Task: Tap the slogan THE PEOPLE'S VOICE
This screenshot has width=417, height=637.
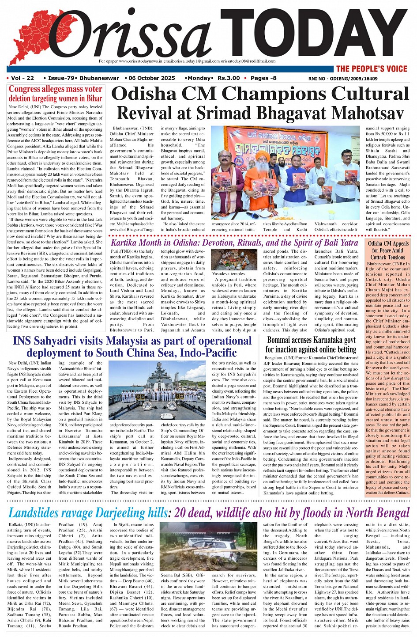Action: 371,68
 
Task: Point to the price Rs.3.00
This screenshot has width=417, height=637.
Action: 229,78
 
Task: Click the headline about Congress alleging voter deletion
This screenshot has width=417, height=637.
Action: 55,94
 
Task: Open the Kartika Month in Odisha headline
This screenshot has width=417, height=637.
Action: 234,243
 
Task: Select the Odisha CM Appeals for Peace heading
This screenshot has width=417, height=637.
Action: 388,250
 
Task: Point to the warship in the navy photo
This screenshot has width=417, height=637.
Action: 159,384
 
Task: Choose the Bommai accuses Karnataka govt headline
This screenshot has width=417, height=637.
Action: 311,345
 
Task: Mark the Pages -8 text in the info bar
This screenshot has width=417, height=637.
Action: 263,78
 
